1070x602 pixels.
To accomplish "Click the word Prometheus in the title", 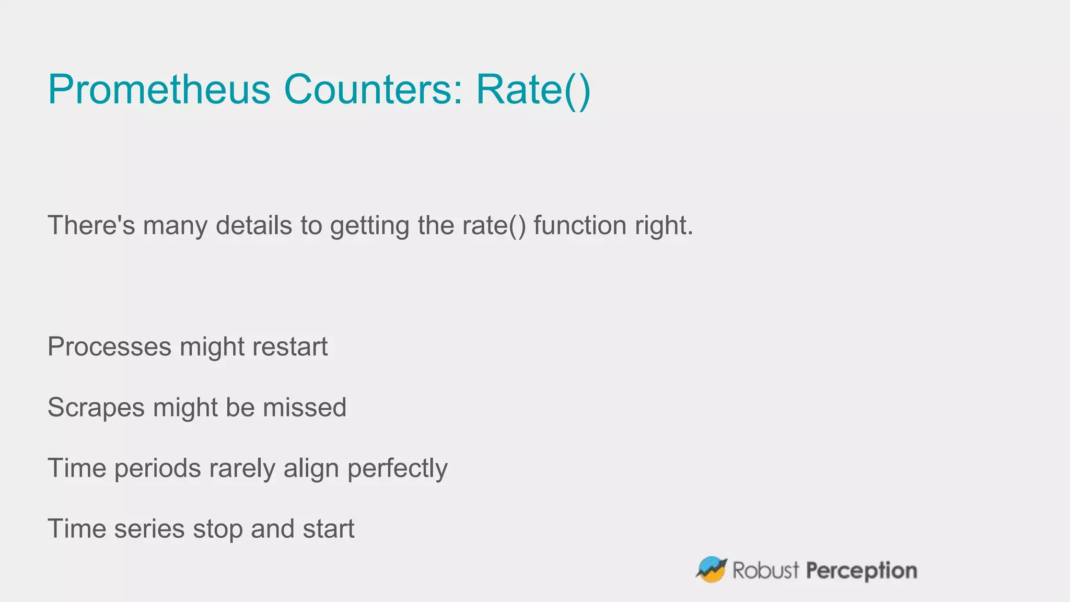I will tap(159, 89).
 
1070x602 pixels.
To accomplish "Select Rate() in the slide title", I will tap(533, 90).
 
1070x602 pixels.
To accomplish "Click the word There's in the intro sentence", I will tap(91, 225).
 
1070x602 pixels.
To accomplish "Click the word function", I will tap(580, 225).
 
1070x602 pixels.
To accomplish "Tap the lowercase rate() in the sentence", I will tap(494, 225).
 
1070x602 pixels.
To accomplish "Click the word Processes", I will tap(110, 346).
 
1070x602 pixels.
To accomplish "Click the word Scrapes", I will tap(96, 408).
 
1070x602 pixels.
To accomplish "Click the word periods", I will tap(158, 468).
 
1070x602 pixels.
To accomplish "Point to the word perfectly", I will tap(398, 469).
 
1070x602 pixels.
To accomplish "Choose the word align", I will tap(311, 469).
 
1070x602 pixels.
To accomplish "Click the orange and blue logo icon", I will tap(711, 570).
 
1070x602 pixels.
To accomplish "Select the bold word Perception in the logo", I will tap(862, 571).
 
